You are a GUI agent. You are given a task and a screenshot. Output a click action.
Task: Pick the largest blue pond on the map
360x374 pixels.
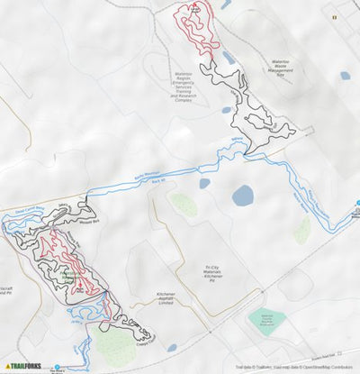tap(242, 196)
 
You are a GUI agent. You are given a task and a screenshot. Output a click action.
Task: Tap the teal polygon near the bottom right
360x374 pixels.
tap(269, 319)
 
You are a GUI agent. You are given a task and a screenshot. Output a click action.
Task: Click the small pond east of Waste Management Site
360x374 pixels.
tap(345, 76)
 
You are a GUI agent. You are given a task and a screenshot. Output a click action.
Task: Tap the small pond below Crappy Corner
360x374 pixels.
tap(171, 348)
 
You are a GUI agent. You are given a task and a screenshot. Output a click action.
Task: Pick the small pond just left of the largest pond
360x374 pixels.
tap(204, 183)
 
